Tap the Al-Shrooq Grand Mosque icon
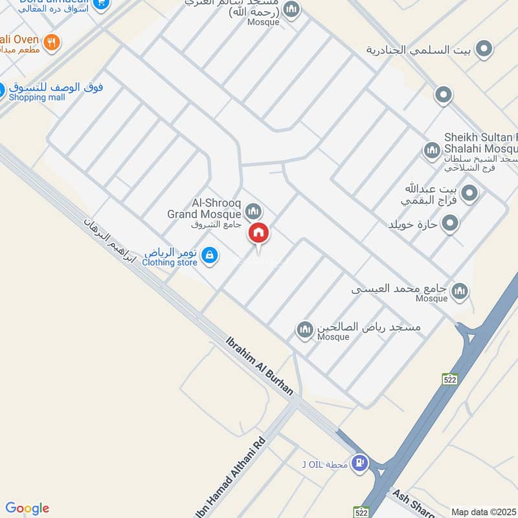tap(254, 211)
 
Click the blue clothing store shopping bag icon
tap(208, 256)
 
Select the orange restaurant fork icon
tap(53, 43)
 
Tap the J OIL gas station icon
tap(361, 463)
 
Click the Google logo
tap(27, 508)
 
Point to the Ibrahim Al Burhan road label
tap(259, 365)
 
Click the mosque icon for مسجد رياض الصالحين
tap(305, 330)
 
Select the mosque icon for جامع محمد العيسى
tap(460, 291)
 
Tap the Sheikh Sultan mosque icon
tap(432, 151)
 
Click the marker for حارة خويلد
tap(450, 224)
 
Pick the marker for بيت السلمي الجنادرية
tap(483, 49)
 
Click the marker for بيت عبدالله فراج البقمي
tap(470, 192)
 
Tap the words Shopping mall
tap(37, 97)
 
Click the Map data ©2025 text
tap(483, 512)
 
